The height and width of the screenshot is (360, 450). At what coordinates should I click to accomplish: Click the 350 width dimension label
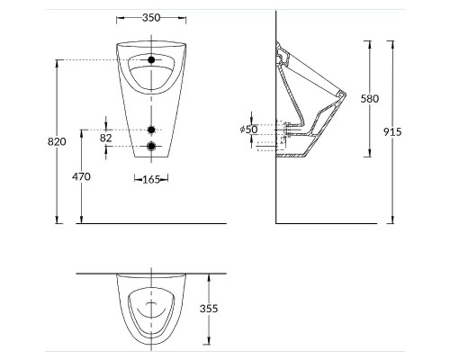pos(150,17)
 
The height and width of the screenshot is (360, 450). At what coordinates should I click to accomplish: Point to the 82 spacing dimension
pos(106,137)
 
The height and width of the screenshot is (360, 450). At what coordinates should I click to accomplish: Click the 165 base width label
pos(151,179)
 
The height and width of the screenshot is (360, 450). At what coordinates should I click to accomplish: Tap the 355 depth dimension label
pos(208,308)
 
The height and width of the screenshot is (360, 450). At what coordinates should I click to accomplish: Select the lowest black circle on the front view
pos(152,147)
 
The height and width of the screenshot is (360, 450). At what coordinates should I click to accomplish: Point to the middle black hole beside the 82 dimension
pos(152,129)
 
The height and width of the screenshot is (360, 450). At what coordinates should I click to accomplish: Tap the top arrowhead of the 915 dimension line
pos(392,41)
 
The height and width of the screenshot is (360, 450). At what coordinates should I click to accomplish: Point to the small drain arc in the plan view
pos(151,310)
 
